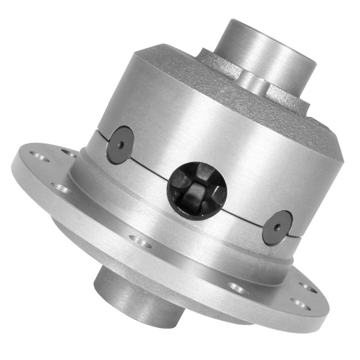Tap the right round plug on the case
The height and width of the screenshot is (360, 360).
[277, 228]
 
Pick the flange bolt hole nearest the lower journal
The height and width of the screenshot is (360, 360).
[141, 243]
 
